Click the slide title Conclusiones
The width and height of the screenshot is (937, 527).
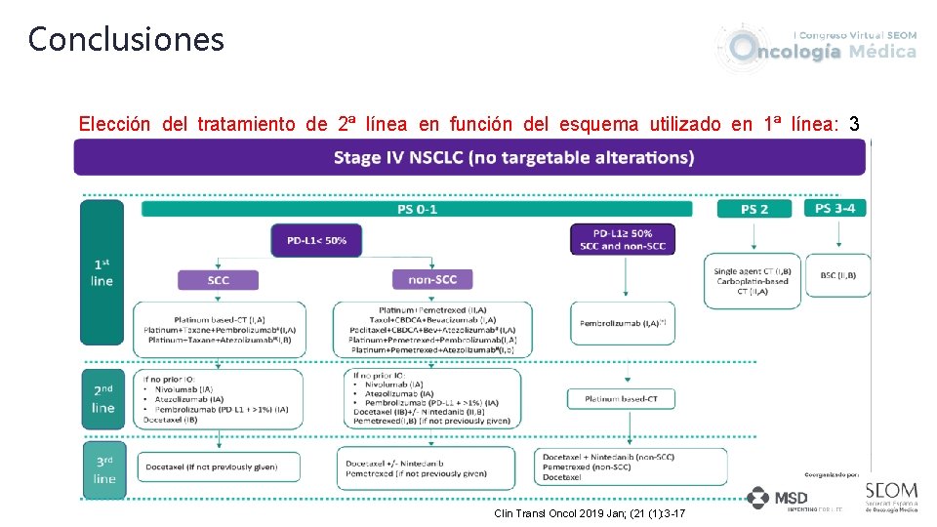coord(126,40)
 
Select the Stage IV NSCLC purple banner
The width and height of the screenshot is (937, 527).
coord(469,157)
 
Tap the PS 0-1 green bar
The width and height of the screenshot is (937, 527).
coord(417,209)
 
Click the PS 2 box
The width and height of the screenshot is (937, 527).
coord(754,209)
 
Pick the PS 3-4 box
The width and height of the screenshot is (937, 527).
coord(836,208)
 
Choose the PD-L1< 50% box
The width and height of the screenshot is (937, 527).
coord(316,240)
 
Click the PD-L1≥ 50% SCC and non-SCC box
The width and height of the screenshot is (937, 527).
coord(623,239)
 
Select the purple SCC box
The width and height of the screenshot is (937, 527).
coord(219,280)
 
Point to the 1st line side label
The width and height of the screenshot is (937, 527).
coord(102,272)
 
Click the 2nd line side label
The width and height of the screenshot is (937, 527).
coord(102,398)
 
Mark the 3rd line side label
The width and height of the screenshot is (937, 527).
coord(103,469)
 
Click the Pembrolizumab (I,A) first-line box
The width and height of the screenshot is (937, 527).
coord(623,323)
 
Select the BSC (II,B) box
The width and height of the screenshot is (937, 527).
coord(837,275)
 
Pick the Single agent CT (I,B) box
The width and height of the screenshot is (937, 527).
coord(753,280)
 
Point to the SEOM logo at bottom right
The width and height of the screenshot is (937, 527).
coord(890,496)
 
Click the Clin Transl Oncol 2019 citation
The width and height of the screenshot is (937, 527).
coord(590,513)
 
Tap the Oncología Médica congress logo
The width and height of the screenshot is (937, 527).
coord(818,46)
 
